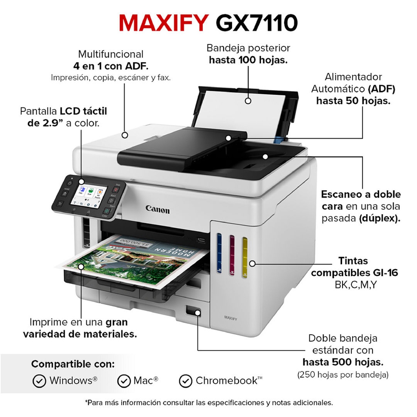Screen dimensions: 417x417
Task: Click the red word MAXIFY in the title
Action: click(164, 23)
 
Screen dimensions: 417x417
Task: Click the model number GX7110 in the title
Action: click(257, 23)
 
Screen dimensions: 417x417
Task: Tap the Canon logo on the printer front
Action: click(158, 209)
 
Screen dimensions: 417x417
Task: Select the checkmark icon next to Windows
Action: click(39, 381)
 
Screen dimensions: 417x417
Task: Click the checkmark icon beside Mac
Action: click(124, 381)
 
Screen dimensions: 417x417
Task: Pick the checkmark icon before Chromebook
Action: click(186, 381)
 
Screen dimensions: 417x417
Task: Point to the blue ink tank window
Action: click(219, 253)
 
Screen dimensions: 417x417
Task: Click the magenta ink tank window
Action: click(232, 255)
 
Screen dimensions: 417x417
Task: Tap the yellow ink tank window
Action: click(245, 257)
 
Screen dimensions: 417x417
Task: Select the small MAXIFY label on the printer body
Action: click(230, 318)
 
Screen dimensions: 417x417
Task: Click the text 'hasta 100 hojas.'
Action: click(248, 60)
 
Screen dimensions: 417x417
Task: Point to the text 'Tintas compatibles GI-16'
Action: click(355, 267)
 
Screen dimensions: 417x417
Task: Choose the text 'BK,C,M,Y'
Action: click(356, 285)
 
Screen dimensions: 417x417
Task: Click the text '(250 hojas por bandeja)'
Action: click(343, 375)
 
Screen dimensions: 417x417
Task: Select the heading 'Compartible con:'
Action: click(73, 364)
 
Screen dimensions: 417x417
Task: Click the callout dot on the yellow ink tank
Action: click(252, 263)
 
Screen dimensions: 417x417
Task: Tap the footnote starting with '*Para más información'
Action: click(209, 403)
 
